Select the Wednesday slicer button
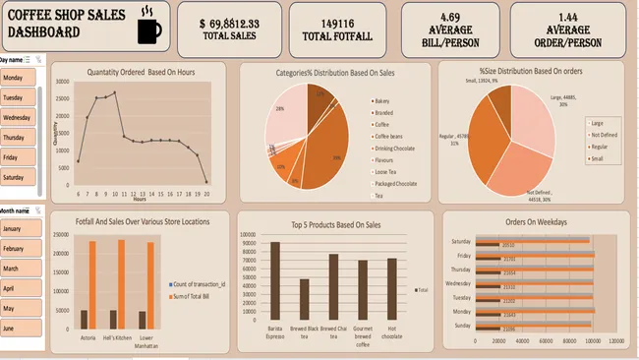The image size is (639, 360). coord(17,118)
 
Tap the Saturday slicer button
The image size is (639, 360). coord(17,177)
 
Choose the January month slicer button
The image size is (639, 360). coord(17,229)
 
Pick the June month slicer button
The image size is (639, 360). coord(17,328)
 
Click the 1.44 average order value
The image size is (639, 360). coord(581,18)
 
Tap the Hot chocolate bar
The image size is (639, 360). coord(392,286)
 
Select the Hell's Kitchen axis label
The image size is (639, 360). coord(120,338)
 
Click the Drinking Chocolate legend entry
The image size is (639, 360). coord(397,148)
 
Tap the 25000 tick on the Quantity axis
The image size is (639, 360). coord(65,99)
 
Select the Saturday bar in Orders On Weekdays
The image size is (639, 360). coord(532,242)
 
